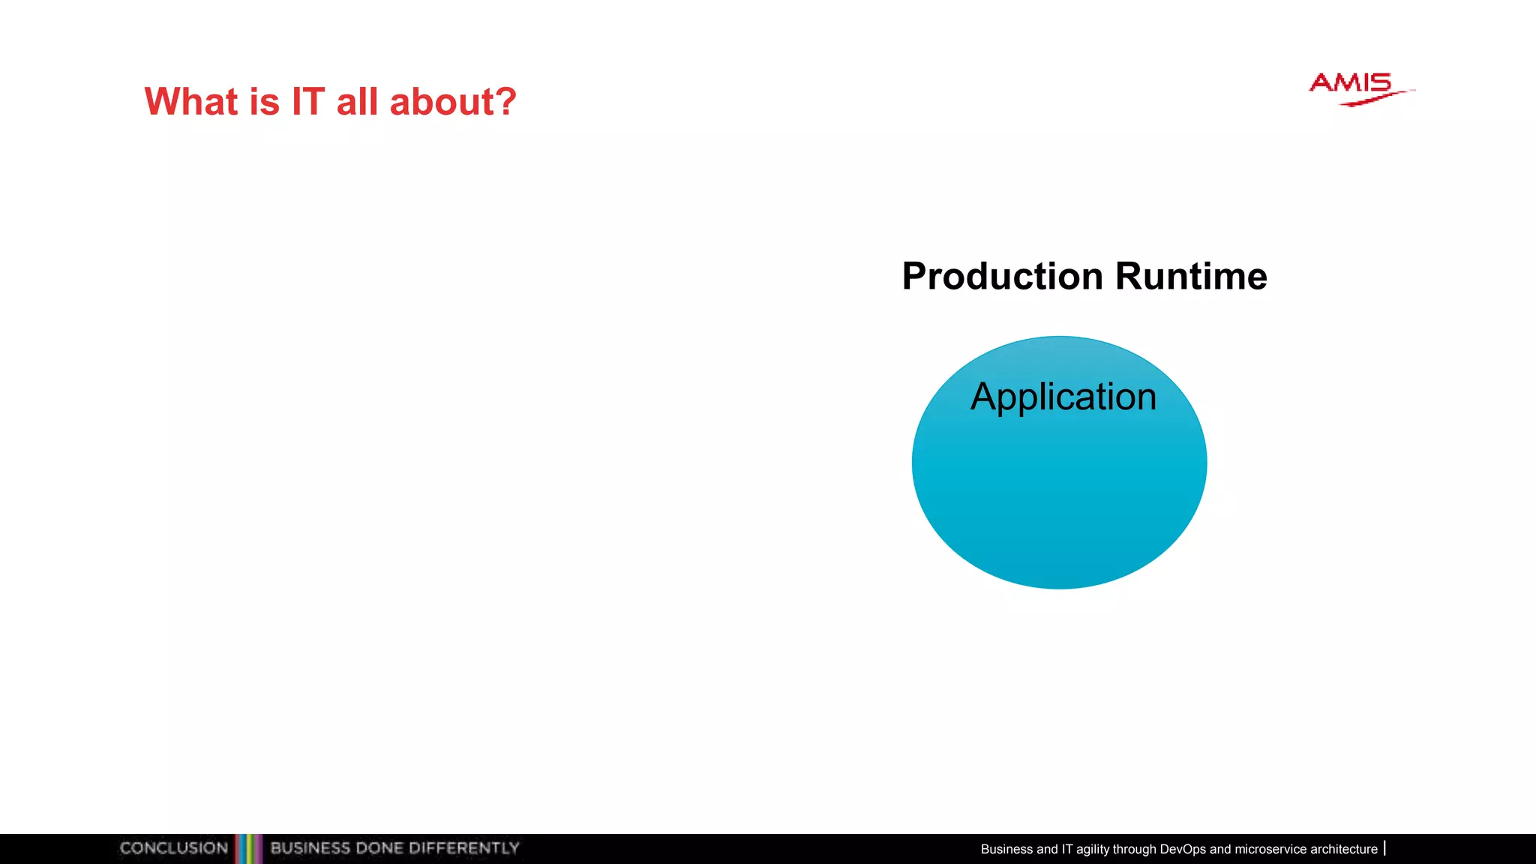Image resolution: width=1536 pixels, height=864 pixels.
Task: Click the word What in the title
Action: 190,101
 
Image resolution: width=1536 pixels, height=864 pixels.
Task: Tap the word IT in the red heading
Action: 307,101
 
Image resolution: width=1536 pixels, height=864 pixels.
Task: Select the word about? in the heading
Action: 453,101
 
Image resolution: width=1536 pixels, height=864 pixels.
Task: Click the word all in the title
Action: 357,101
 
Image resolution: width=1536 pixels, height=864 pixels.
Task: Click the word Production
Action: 1002,276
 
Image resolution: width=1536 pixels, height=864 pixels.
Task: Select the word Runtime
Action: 1191,276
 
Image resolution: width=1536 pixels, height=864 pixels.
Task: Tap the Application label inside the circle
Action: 1063,397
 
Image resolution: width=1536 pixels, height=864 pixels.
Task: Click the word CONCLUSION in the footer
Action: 173,848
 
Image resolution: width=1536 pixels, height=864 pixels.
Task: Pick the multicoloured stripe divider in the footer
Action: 248,848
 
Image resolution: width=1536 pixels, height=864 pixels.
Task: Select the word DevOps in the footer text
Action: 1182,849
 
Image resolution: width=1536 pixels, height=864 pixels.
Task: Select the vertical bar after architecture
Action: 1384,848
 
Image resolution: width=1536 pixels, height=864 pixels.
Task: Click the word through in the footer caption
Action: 1134,849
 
